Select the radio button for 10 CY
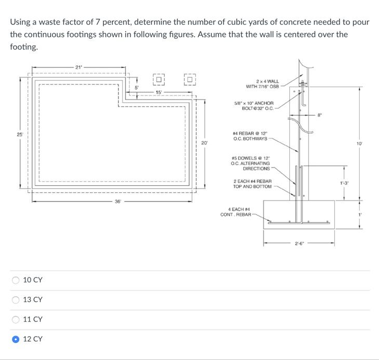coord(17,280)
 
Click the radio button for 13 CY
coord(17,300)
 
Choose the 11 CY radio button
coord(17,320)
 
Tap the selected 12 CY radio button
coord(17,339)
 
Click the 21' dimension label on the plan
coord(78,67)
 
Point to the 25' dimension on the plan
coord(20,134)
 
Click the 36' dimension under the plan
coord(118,202)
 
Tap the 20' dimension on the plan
coord(205,142)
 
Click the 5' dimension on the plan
coord(137,87)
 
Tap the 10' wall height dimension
coord(359,143)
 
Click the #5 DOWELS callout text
coord(251,163)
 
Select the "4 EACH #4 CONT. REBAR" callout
coord(236,212)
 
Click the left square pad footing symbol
coord(159,79)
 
